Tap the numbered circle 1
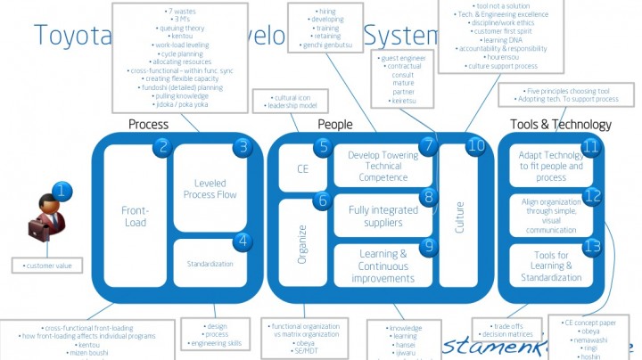pos(61,190)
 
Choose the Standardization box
pos(210,264)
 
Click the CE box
pos(301,168)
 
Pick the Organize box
pos(301,243)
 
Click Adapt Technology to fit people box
pos(551,166)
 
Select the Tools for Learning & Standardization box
pos(551,266)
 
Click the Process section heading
pos(148,124)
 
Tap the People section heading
pos(334,124)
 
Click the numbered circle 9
pos(429,246)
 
